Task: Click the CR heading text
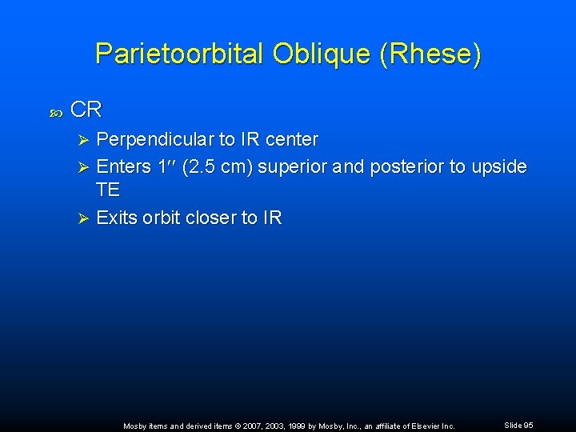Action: [x=86, y=110]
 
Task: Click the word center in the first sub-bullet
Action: [x=292, y=140]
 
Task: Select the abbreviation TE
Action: [x=107, y=191]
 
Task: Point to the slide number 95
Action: [x=528, y=426]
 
